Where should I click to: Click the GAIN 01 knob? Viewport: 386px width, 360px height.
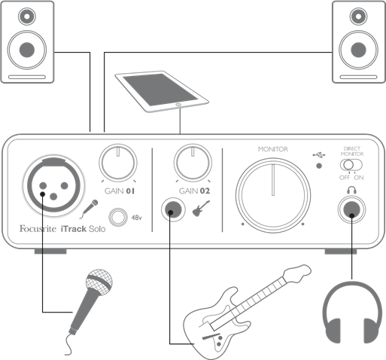(118, 163)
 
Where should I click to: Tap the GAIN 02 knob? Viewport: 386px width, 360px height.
(193, 163)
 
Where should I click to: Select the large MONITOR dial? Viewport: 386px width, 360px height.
(273, 195)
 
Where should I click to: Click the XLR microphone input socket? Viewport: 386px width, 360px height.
(53, 186)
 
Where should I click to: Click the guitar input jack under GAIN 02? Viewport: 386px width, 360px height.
(173, 209)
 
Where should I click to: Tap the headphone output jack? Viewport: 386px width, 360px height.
(351, 209)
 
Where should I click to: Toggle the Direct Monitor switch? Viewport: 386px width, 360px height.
(351, 165)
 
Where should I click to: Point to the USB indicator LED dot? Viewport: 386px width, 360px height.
(319, 166)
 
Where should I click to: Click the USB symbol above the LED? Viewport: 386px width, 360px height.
(319, 155)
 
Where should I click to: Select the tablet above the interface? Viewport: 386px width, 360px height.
(162, 91)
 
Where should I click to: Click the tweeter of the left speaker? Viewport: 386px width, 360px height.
(27, 17)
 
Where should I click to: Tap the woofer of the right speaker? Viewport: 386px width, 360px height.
(358, 50)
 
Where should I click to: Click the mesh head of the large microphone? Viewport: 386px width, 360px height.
(99, 282)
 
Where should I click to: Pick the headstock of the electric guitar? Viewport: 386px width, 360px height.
(298, 273)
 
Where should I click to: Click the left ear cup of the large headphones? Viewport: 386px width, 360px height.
(333, 331)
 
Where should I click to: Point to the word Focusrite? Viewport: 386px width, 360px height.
(38, 228)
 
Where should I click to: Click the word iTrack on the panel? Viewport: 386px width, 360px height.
(74, 229)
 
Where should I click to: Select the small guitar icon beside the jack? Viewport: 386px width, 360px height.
(201, 209)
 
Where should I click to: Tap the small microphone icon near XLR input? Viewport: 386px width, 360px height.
(89, 209)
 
